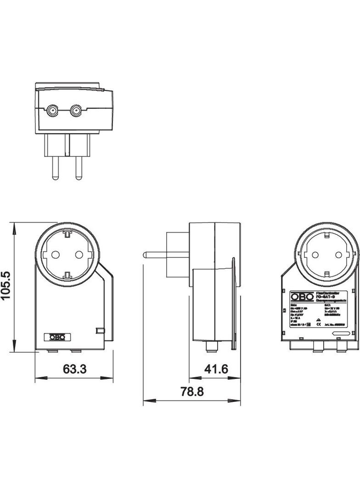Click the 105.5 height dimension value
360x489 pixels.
pyautogui.click(x=7, y=285)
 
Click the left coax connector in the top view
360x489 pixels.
pyautogui.click(x=51, y=111)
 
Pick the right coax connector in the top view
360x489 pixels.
pyautogui.click(x=75, y=111)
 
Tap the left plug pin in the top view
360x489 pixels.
pyautogui.click(x=55, y=167)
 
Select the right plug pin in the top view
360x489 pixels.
pyautogui.click(x=77, y=167)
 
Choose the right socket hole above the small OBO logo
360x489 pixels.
pyautogui.click(x=79, y=255)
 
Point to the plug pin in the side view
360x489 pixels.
pyautogui.click(x=156, y=253)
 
